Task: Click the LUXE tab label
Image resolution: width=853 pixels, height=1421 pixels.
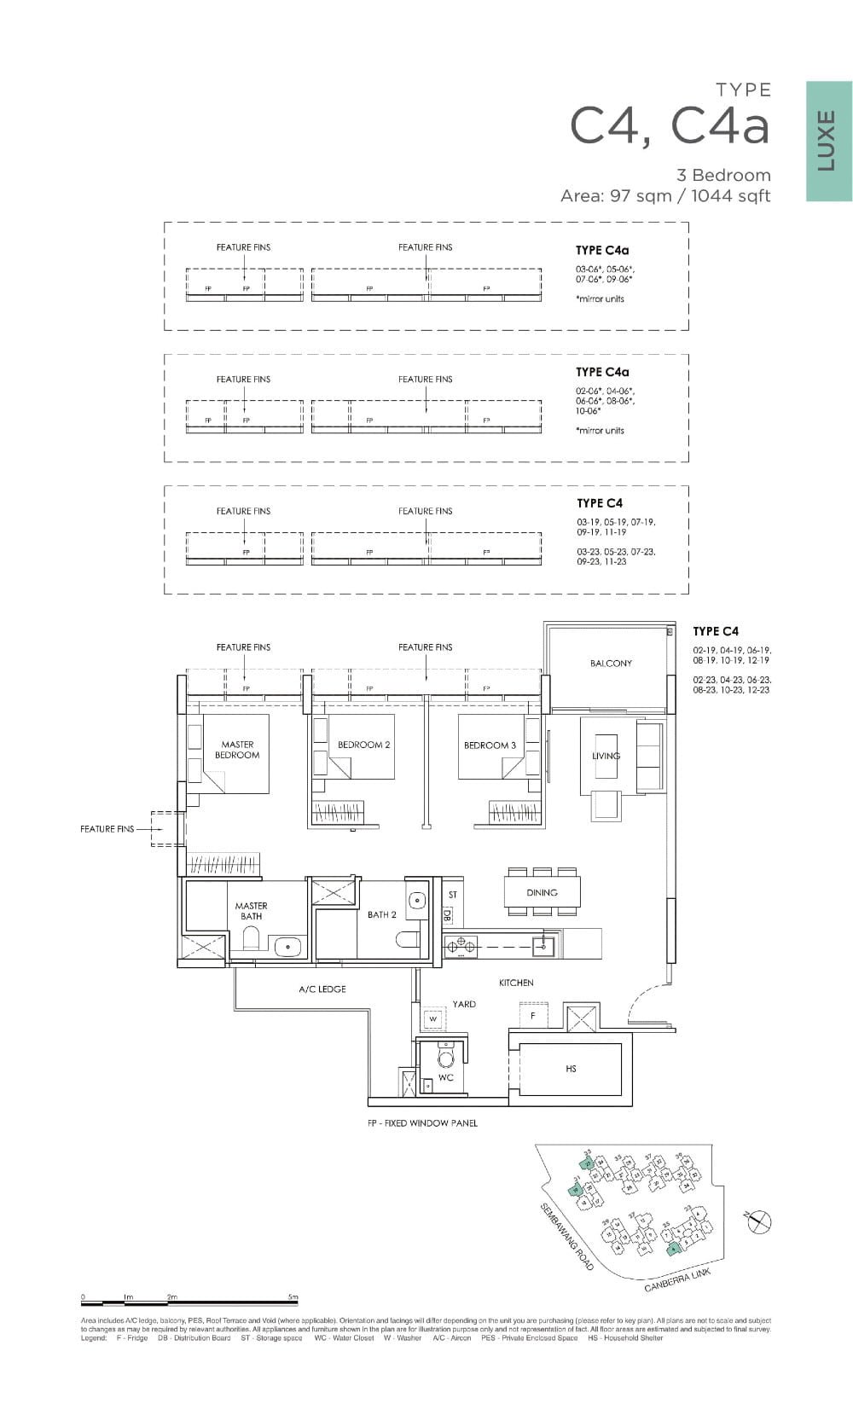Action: pos(827,141)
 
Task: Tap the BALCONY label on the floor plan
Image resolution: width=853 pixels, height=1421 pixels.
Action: pos(611,663)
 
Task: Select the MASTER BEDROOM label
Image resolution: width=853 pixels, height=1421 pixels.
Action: pos(237,750)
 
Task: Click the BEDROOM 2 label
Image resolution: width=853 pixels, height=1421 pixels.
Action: pos(363,745)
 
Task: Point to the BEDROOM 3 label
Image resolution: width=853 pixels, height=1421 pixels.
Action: pos(490,745)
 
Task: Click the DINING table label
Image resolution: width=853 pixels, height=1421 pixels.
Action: pos(542,892)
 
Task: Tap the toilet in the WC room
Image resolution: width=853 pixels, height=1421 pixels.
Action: pos(445,1058)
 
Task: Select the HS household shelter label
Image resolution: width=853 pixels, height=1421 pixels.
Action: pos(571,1068)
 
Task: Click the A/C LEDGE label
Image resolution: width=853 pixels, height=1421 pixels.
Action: pos(322,989)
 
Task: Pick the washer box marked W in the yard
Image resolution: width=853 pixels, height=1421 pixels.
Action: pos(432,1018)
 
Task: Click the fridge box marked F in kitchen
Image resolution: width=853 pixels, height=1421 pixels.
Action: pos(533,1016)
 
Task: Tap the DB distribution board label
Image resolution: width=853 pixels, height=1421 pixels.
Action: pos(447,914)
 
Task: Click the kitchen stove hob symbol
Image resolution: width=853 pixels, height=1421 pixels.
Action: pos(460,944)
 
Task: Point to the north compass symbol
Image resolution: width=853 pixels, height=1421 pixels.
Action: pos(757,1222)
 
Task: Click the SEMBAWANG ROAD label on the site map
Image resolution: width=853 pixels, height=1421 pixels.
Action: pos(567,1237)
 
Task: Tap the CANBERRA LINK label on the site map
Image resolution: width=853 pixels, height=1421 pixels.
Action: pos(677,1279)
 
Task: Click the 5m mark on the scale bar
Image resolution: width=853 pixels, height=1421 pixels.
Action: pos(293,1296)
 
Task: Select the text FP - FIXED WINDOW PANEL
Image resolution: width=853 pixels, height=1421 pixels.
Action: pos(422,1122)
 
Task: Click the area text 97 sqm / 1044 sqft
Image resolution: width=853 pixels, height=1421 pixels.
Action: pos(665,196)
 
